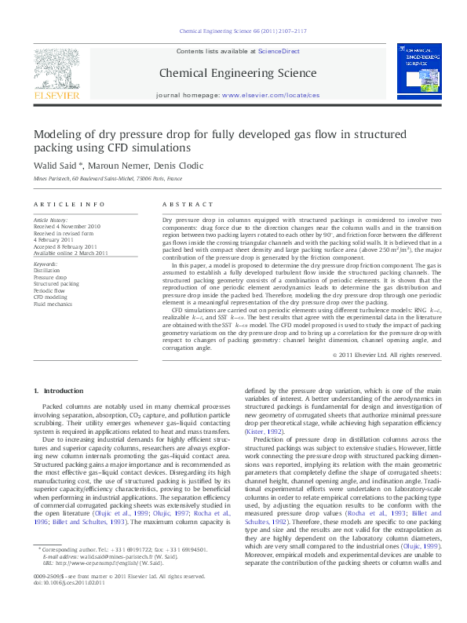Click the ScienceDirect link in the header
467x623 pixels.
click(279, 51)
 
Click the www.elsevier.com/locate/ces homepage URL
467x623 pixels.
click(271, 94)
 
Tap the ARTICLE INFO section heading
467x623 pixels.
click(69, 204)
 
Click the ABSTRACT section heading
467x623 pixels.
click(181, 204)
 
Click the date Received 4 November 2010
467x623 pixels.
click(67, 227)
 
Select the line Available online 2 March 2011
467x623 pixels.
click(71, 253)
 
